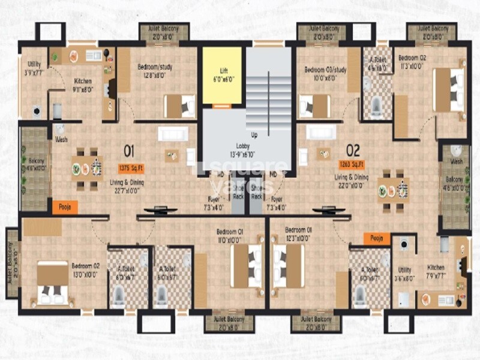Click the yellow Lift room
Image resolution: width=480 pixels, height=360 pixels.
[221, 75]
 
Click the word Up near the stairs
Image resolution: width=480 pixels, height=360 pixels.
[254, 135]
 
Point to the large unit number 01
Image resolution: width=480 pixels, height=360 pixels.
[128, 150]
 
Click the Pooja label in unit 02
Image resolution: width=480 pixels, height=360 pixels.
[376, 239]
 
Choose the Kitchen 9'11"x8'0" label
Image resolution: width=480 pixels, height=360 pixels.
[83, 85]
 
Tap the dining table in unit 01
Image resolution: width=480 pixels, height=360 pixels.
[86, 169]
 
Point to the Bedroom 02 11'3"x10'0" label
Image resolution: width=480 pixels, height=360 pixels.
[412, 62]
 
